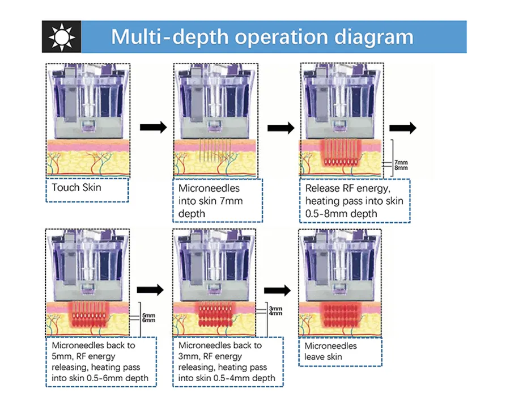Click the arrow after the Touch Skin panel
pos(153,127)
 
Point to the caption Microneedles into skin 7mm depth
pos(217,200)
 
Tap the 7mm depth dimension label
pos(401,162)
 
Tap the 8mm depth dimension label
pos(401,168)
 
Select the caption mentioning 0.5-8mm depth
pos(354,200)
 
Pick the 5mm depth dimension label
pos(148,315)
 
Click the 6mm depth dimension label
pos(148,321)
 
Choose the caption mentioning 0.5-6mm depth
pos(101,361)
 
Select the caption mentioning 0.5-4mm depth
pos(228,361)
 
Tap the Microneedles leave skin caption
pos(339,352)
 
